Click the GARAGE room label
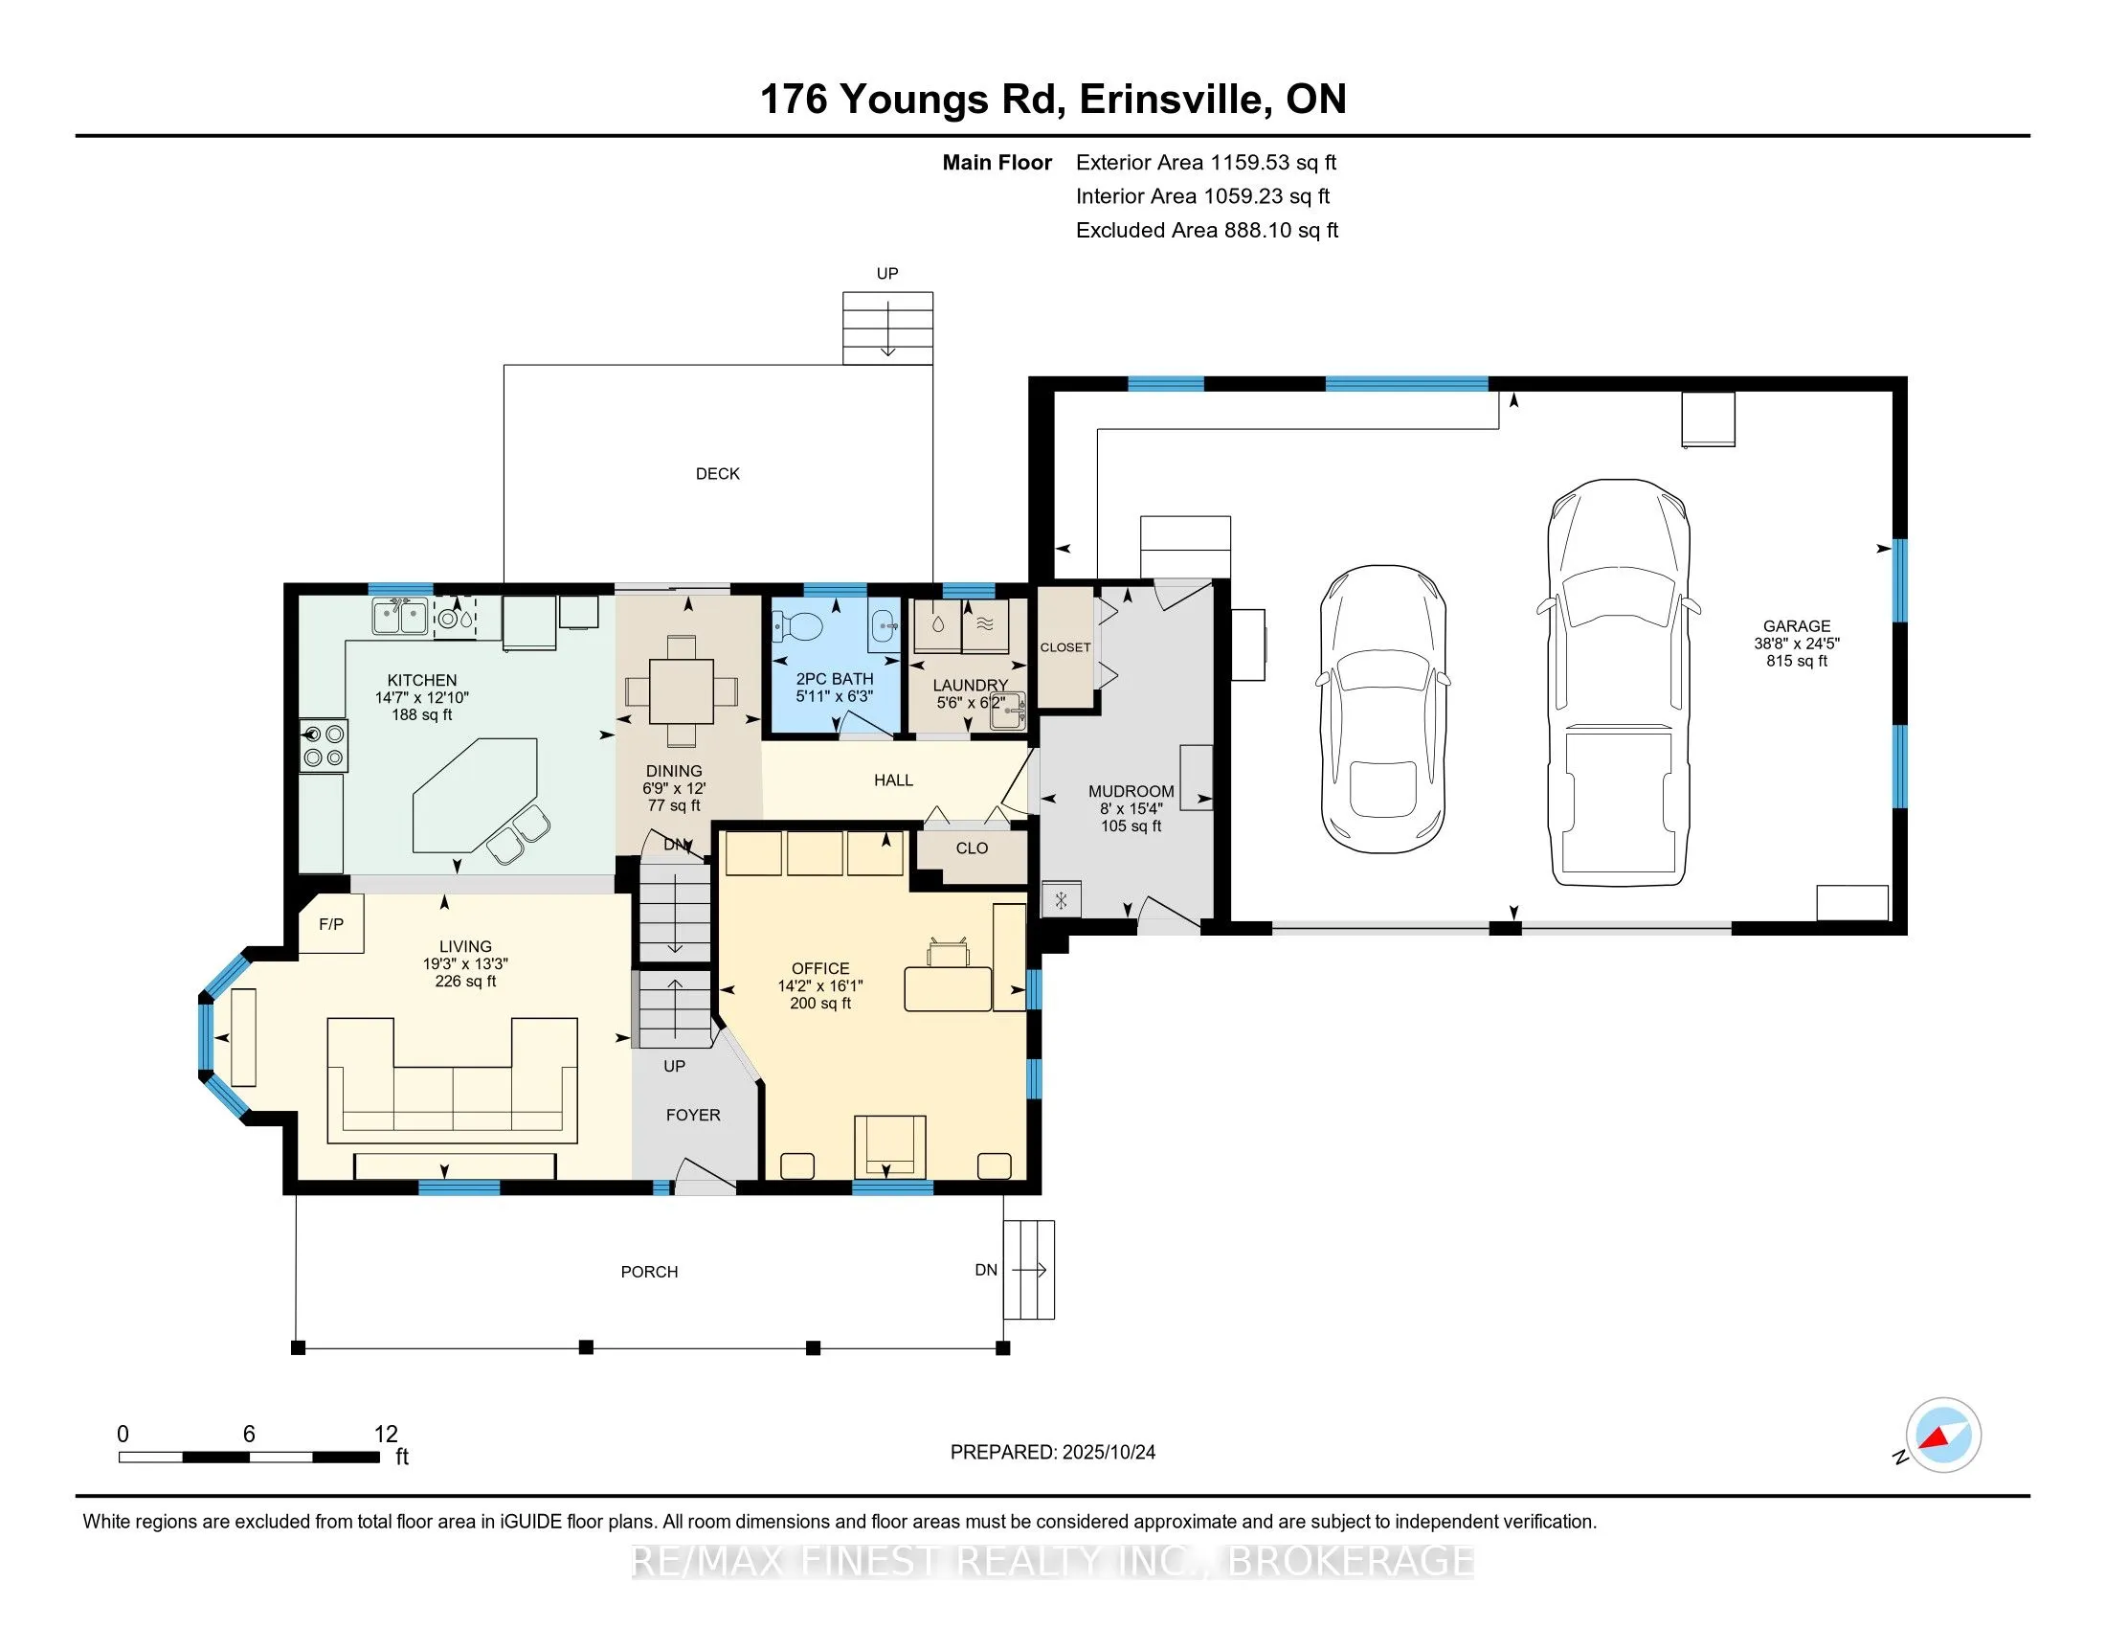click(x=1797, y=626)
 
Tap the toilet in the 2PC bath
click(x=797, y=628)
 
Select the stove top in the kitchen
click(x=323, y=745)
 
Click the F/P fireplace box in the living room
click(x=331, y=924)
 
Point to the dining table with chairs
click(x=682, y=690)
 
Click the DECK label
click(x=717, y=473)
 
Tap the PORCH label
click(x=649, y=1272)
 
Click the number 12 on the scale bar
click(x=386, y=1435)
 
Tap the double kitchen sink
click(x=400, y=616)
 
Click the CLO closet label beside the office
click(x=971, y=848)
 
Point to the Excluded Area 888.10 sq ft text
click(x=1206, y=231)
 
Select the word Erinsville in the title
click(x=1171, y=100)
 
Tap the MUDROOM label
click(x=1131, y=791)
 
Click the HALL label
click(x=893, y=780)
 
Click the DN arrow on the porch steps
click(x=1029, y=1270)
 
